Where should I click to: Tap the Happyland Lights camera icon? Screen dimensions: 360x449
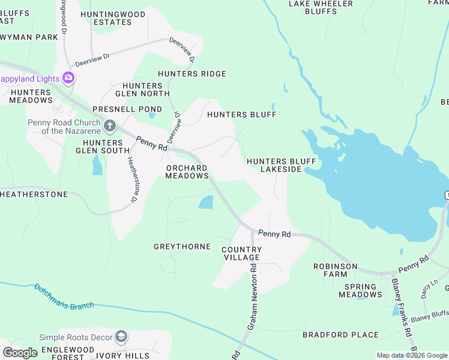coord(68,78)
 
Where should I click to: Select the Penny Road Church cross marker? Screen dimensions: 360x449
coord(109,126)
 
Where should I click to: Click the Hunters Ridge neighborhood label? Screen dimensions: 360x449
coord(192,74)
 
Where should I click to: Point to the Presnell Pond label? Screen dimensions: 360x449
coord(127,109)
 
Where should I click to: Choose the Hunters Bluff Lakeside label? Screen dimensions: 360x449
coord(273,165)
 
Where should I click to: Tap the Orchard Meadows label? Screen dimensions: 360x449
coord(187,172)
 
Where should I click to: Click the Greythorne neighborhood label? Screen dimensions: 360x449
coord(182,247)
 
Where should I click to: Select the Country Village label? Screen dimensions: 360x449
coord(241,253)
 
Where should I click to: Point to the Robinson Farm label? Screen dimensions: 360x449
coord(336,270)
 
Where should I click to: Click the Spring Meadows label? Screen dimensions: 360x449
coord(360,290)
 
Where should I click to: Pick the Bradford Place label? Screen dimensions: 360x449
coord(340,335)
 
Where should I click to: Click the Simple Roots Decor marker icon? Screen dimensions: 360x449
coord(122,336)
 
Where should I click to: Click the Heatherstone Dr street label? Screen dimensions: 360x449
coord(130,179)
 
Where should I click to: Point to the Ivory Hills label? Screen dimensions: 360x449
coord(124,356)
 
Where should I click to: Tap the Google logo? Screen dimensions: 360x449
coord(20,353)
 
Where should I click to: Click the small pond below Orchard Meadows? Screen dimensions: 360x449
coord(206,203)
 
